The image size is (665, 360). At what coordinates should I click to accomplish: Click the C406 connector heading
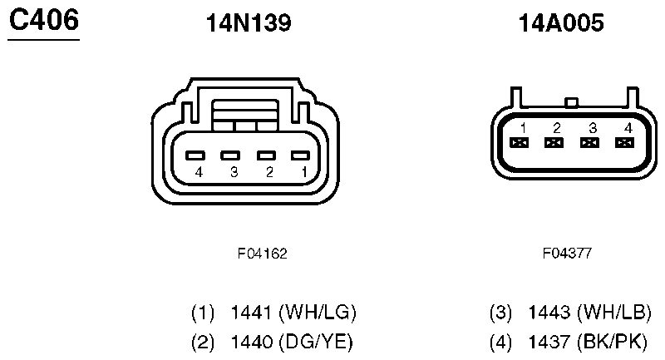point(44,20)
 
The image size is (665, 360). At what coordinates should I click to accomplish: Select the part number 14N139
point(249,23)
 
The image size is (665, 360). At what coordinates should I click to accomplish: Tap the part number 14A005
point(561,23)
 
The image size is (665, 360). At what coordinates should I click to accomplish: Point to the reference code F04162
point(262,254)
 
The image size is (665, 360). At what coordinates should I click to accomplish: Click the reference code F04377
point(567,253)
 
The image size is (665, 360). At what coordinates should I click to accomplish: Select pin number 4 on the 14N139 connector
point(199,172)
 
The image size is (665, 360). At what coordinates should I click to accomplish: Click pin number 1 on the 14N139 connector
point(304,172)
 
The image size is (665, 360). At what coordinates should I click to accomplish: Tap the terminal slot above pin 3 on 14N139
point(230,155)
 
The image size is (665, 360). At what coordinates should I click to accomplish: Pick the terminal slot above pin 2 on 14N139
point(266,155)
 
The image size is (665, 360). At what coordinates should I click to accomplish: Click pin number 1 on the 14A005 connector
point(524,128)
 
